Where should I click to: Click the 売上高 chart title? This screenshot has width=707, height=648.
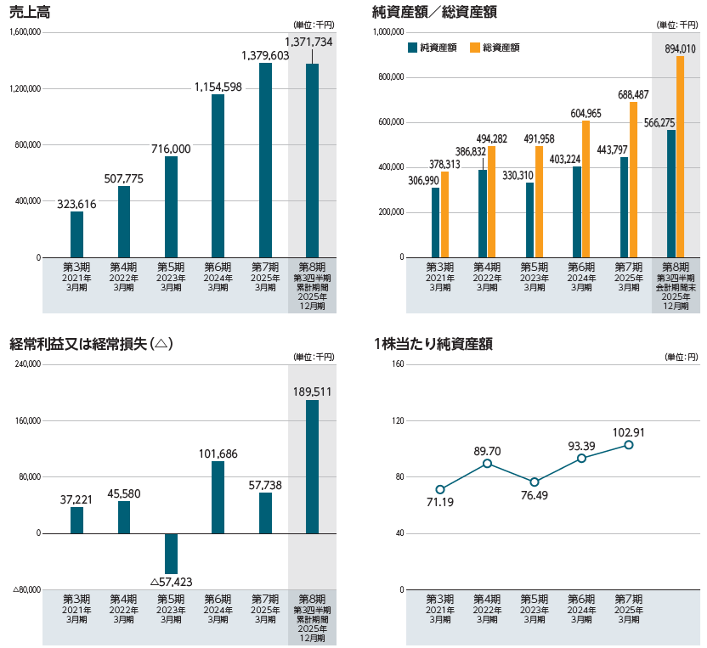[x=27, y=11]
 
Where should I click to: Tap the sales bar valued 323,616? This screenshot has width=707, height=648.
[x=77, y=234]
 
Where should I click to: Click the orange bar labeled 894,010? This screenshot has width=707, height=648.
[x=680, y=156]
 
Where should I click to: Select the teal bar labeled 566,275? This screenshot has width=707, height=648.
[x=670, y=193]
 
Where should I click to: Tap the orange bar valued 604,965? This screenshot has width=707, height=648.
[x=585, y=189]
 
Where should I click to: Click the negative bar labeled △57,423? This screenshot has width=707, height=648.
[x=171, y=553]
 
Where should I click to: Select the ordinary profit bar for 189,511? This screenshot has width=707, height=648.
[x=312, y=466]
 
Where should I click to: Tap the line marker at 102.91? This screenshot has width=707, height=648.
[x=629, y=445]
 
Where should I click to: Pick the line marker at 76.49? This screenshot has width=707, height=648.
[x=534, y=482]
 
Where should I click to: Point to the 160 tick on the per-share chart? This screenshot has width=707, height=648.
[x=398, y=364]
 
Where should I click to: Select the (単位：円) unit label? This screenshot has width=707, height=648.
[x=681, y=357]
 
